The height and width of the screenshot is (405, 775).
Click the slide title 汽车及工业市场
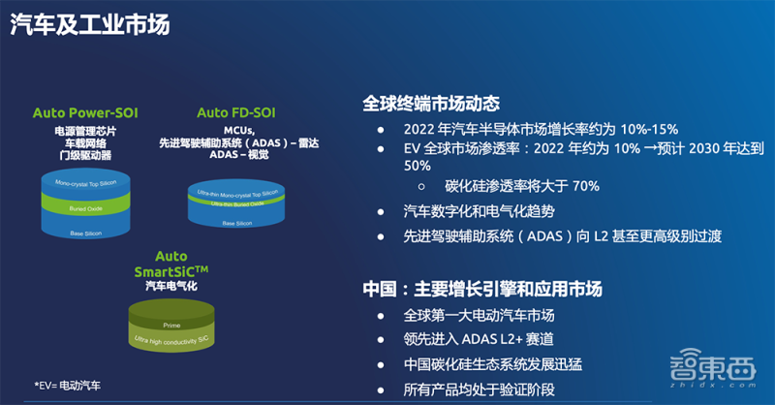90,25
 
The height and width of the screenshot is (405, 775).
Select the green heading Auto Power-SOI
84,113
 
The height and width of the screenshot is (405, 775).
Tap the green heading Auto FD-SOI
237,113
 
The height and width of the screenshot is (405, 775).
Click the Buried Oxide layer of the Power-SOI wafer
85,206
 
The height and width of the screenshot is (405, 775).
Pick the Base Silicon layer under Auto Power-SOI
85,232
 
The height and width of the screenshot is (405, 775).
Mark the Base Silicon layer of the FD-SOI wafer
237,224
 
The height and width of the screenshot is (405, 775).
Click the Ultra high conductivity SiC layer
171,340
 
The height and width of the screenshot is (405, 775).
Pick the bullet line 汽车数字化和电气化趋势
479,211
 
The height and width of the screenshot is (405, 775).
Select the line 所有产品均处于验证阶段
479,390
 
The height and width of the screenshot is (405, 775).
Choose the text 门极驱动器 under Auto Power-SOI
84,156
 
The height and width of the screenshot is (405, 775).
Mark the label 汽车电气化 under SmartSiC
170,287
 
